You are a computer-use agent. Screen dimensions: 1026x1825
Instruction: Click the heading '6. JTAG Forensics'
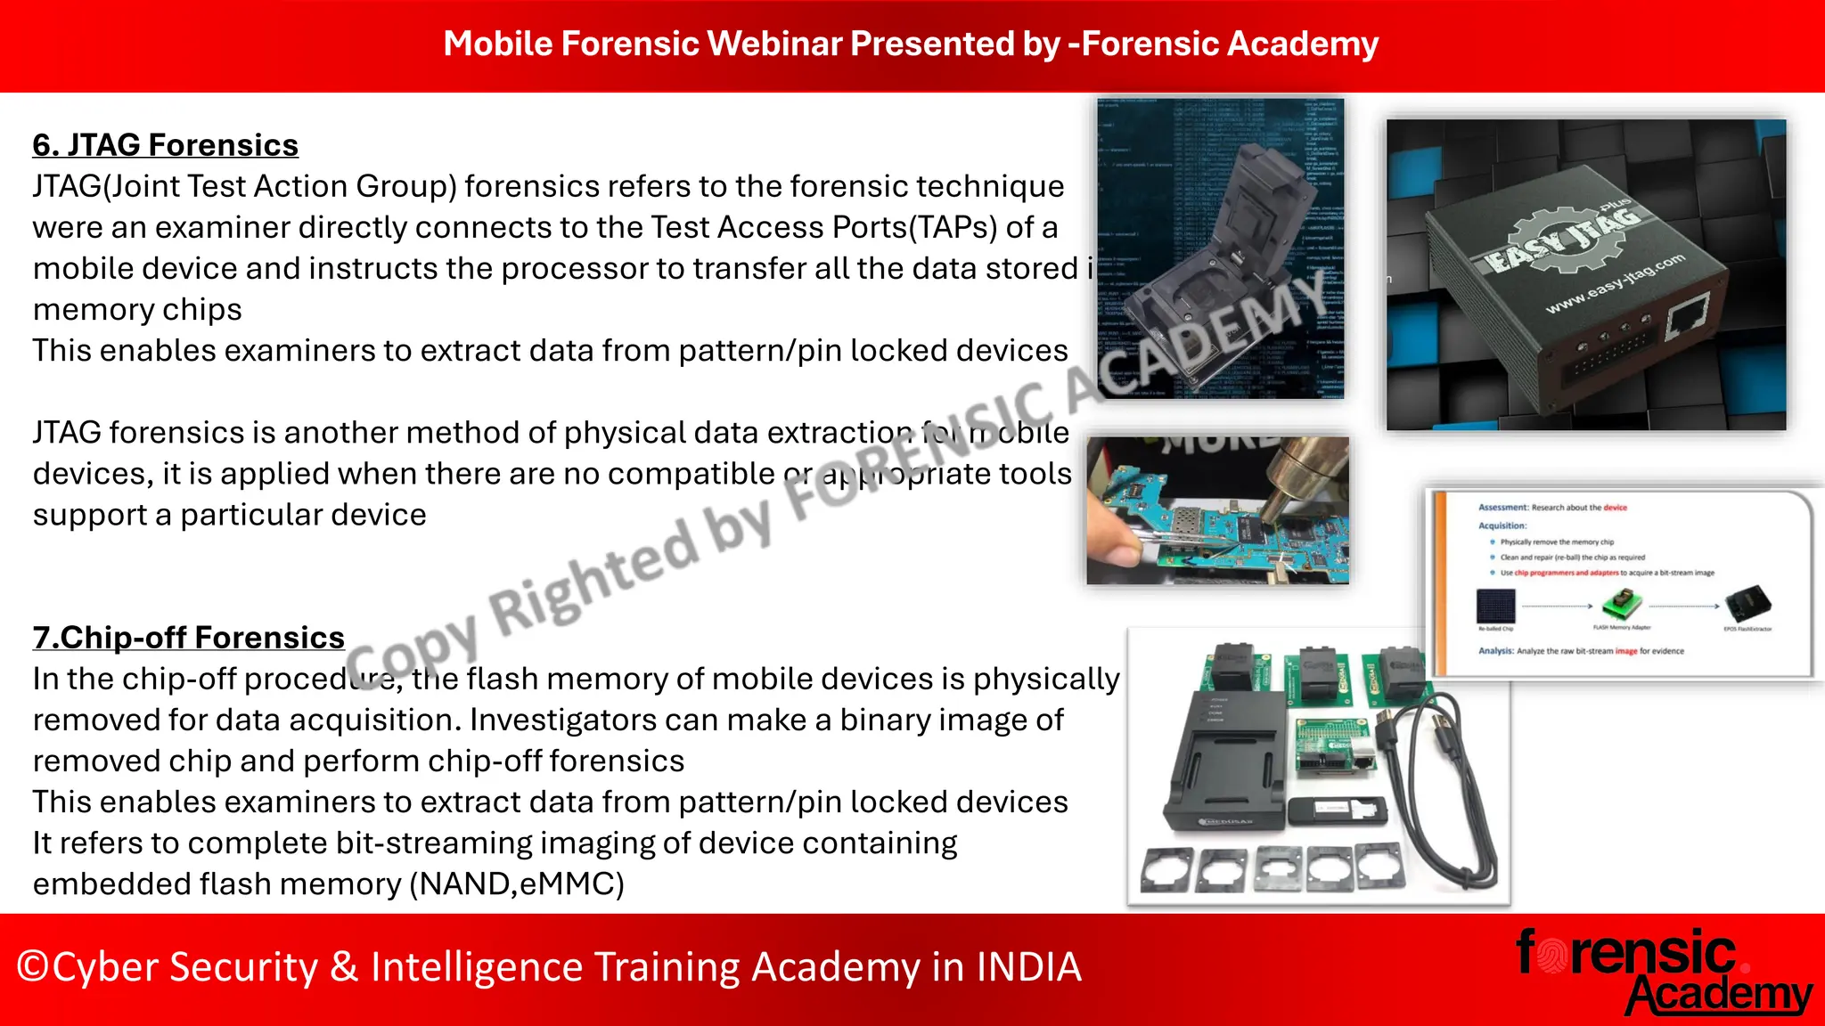pos(165,145)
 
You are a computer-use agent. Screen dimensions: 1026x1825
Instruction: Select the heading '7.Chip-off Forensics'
pos(188,638)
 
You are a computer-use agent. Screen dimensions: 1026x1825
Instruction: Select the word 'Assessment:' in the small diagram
pos(1503,508)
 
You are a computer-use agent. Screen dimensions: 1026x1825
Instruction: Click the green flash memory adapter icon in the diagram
pos(1621,606)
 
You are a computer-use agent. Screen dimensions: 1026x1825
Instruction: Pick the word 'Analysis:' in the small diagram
pos(1496,651)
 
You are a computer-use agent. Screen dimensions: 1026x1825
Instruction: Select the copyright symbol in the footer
pos(32,967)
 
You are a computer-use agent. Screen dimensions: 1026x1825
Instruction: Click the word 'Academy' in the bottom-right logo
pos(1720,996)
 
